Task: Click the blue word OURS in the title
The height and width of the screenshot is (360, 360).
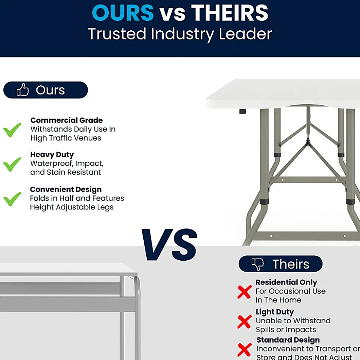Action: (123, 13)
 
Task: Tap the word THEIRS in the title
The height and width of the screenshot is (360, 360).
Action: (230, 13)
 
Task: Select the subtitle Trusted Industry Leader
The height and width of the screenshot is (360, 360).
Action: (180, 34)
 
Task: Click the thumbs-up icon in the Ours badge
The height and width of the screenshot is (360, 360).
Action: (23, 90)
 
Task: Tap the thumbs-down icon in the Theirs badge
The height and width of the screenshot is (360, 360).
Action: (258, 264)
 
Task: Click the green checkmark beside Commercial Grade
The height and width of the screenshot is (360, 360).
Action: (12, 130)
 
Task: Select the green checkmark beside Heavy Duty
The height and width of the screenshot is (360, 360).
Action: (12, 164)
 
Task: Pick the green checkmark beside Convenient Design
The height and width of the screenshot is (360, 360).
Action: (12, 199)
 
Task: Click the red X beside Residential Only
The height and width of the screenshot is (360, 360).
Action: (244, 292)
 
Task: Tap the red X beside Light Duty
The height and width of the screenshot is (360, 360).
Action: (244, 321)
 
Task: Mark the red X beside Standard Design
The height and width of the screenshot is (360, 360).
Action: (244, 350)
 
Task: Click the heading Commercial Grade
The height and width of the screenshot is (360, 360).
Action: (66, 120)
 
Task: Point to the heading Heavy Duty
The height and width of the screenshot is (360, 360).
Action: (52, 155)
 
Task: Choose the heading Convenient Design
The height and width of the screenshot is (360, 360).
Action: (66, 189)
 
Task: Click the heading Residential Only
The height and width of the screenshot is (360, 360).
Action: (287, 282)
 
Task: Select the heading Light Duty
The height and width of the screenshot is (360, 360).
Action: (275, 312)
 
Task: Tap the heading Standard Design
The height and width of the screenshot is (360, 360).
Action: (288, 340)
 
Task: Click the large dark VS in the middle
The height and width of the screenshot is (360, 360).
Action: (170, 245)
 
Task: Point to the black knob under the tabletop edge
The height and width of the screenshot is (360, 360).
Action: (242, 111)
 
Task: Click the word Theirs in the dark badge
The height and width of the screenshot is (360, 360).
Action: (291, 264)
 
